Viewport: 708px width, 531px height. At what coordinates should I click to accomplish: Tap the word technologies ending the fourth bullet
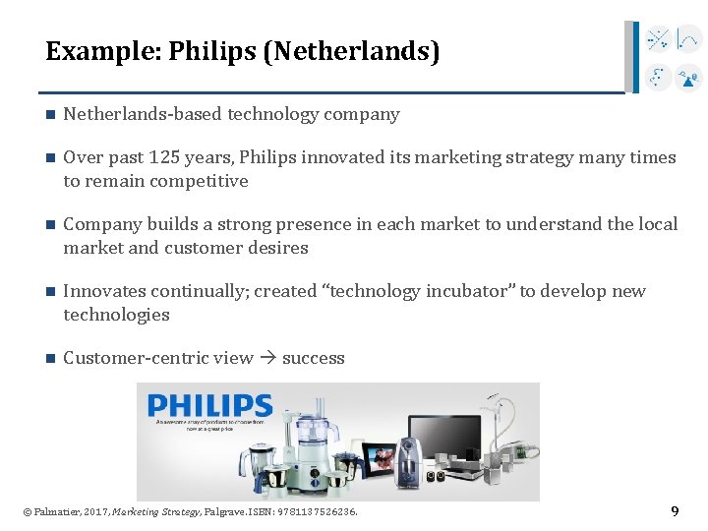pyautogui.click(x=116, y=315)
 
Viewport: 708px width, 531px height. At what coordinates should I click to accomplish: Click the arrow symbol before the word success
pyautogui.click(x=267, y=358)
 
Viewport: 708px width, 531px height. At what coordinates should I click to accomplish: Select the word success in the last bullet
pyautogui.click(x=314, y=358)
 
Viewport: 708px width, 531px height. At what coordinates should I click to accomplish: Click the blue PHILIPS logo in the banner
pyautogui.click(x=209, y=405)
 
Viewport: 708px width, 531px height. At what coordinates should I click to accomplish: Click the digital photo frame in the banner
pyautogui.click(x=380, y=458)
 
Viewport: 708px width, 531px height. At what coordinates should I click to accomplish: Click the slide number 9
pyautogui.click(x=675, y=511)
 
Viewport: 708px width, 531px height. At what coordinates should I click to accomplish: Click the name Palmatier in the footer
pyautogui.click(x=58, y=512)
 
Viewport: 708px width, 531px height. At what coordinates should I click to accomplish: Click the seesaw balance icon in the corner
pyautogui.click(x=689, y=76)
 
